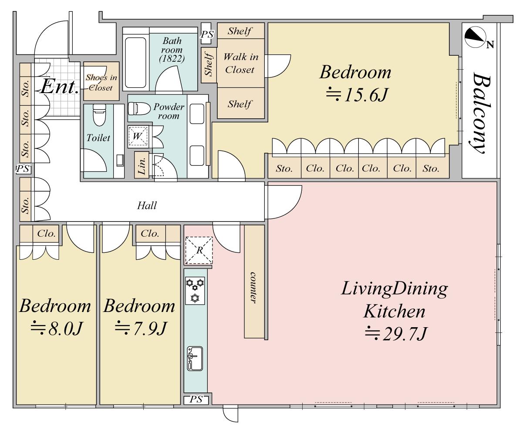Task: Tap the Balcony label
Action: tap(479, 113)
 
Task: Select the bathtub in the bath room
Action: tap(135, 63)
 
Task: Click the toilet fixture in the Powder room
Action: tap(139, 108)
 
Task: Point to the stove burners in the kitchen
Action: tap(195, 291)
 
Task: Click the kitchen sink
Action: tap(195, 359)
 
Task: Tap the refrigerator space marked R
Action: tap(199, 250)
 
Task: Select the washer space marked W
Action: tap(138, 136)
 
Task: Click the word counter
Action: tap(253, 288)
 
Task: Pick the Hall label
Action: tap(147, 205)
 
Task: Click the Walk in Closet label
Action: tap(241, 63)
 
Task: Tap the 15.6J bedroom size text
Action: tap(356, 95)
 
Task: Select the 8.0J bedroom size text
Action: tap(57, 328)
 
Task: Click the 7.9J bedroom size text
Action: tap(141, 328)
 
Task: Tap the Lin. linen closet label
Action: tap(142, 165)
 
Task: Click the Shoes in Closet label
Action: tap(101, 82)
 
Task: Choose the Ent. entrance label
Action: tap(59, 87)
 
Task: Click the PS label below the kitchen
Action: tap(196, 399)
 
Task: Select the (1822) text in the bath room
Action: tap(172, 59)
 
